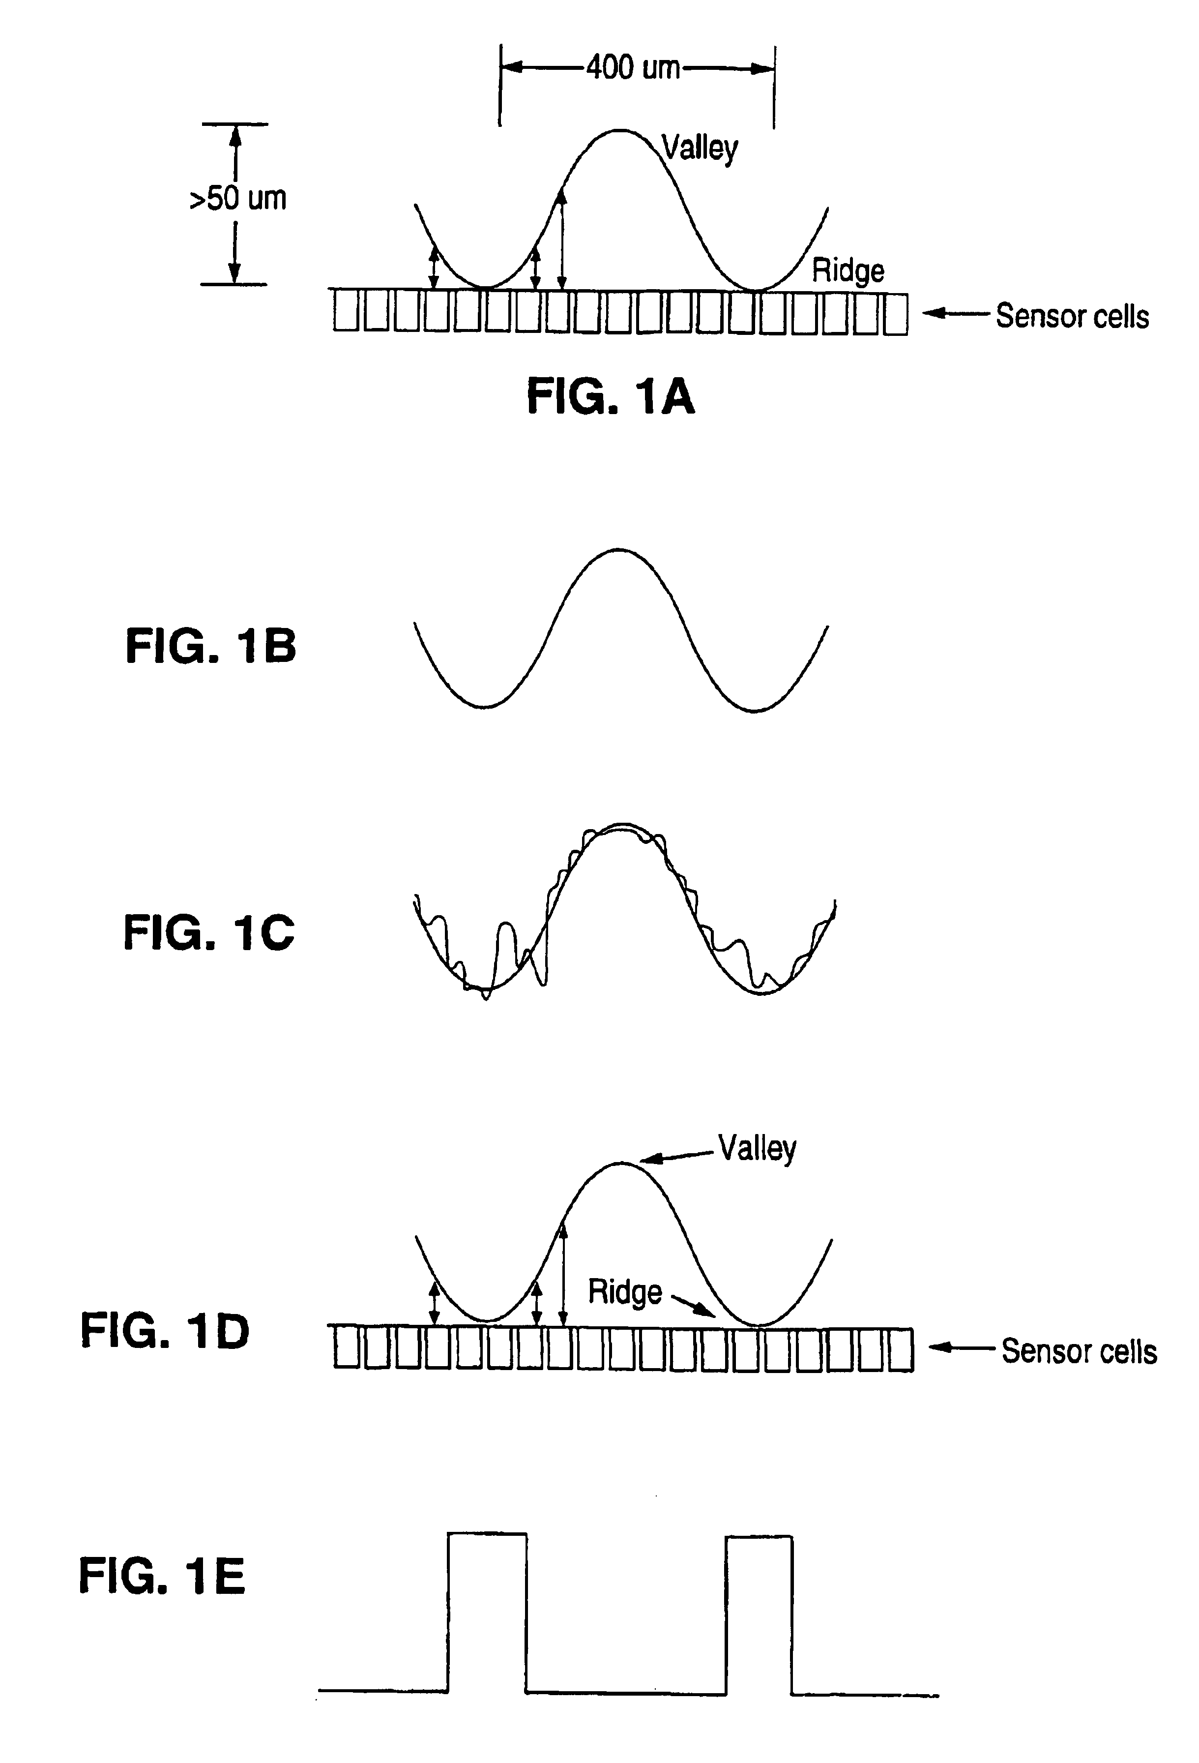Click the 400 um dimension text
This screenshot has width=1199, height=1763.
coord(633,68)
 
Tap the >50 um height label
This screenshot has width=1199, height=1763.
coord(237,199)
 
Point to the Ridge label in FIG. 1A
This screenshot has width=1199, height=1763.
coord(848,271)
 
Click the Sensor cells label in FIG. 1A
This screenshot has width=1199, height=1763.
coord(1072,316)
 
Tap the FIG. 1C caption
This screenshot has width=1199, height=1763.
coord(208,932)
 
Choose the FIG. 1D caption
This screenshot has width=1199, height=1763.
coord(165,1331)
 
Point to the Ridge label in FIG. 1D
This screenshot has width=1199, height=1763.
coord(625,1292)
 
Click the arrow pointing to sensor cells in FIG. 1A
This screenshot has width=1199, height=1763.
coord(956,313)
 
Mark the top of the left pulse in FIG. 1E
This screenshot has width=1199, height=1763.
coord(487,1534)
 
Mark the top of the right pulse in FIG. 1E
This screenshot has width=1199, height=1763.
coord(759,1537)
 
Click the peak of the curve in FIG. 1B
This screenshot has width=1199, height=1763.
coord(619,549)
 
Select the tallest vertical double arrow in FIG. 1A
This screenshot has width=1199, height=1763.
coord(561,239)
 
